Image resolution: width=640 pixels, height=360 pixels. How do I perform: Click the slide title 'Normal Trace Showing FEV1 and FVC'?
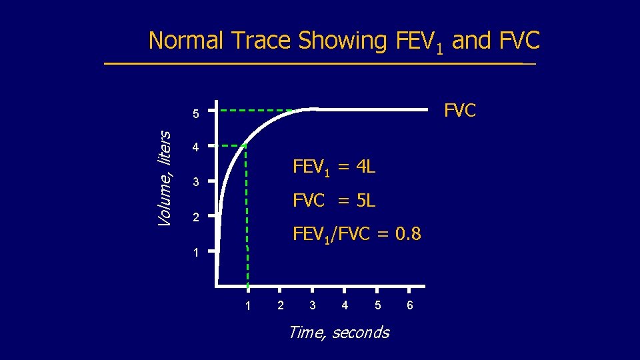point(344,41)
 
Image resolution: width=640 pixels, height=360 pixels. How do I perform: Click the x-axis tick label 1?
point(247,305)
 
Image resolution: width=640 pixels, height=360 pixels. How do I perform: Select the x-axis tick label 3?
point(312,305)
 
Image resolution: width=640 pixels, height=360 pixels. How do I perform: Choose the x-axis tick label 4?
point(345,305)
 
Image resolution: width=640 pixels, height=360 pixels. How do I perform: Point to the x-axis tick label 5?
point(377,305)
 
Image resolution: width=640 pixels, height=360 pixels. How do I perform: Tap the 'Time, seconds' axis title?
point(338,332)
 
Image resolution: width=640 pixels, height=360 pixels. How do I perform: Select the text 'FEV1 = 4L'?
point(334,167)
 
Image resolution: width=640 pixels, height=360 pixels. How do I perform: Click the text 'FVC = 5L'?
point(334,200)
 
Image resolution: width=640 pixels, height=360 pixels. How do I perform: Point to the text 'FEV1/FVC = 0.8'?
point(357,233)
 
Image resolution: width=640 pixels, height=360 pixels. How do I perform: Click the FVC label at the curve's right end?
point(460,111)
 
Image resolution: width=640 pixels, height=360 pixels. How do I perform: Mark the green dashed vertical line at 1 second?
point(247,220)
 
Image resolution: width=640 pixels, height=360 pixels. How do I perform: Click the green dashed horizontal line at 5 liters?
point(257,109)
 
